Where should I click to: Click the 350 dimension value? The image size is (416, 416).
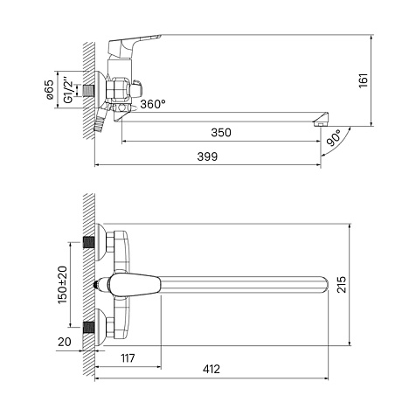221,133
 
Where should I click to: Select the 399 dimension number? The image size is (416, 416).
207,156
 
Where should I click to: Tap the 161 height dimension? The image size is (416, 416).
364,80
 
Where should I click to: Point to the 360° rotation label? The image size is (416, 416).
153,104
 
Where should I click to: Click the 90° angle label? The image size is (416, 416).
333,138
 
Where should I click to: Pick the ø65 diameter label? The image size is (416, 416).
50,89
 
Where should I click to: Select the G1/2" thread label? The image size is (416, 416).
67,90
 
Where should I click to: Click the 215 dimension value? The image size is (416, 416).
342,284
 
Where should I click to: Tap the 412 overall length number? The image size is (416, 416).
211,369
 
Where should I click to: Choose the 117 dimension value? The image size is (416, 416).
128,358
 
